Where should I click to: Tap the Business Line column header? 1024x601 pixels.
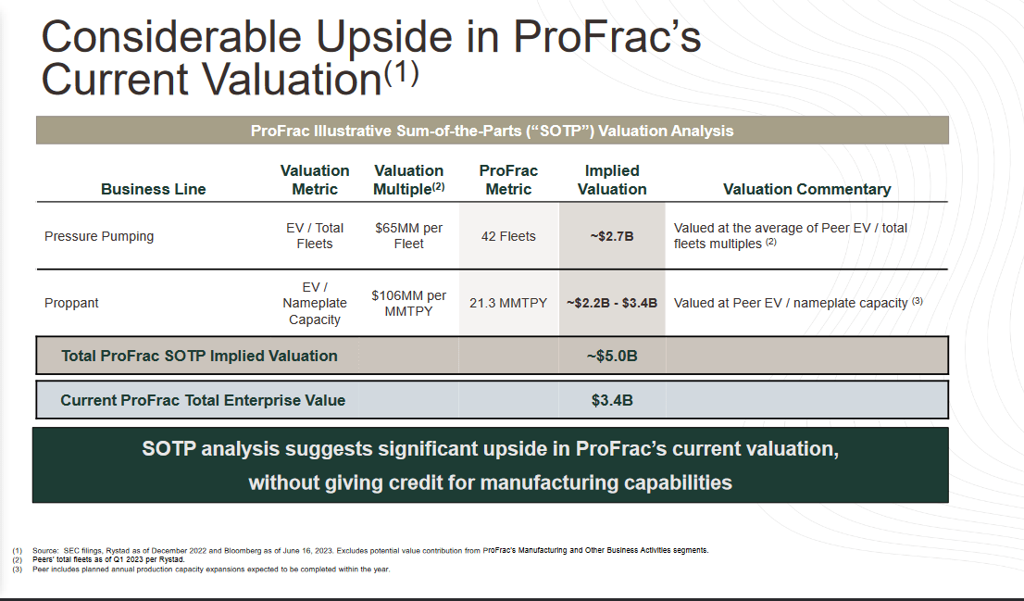[153, 189]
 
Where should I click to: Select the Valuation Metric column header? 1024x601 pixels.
[315, 180]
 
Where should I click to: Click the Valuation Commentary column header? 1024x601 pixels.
[806, 189]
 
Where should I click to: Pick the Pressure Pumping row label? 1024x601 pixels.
[99, 236]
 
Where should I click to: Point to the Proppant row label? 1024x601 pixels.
[71, 303]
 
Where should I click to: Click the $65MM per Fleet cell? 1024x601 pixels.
[408, 235]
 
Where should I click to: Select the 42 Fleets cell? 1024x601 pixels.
[508, 236]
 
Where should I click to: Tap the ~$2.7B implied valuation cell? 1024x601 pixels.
[611, 236]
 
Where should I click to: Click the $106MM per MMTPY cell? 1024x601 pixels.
[408, 303]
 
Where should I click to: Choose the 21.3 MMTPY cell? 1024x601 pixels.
[508, 303]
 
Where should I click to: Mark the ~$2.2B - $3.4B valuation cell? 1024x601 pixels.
[611, 303]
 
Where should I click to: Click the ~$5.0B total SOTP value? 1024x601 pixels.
[611, 356]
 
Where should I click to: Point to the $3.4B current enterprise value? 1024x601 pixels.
[611, 401]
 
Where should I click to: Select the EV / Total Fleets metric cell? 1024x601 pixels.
[315, 235]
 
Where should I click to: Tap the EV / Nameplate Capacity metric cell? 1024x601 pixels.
[315, 303]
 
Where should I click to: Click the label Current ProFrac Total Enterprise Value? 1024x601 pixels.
[203, 401]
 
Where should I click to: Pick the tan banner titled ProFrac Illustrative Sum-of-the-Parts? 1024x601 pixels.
[492, 131]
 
